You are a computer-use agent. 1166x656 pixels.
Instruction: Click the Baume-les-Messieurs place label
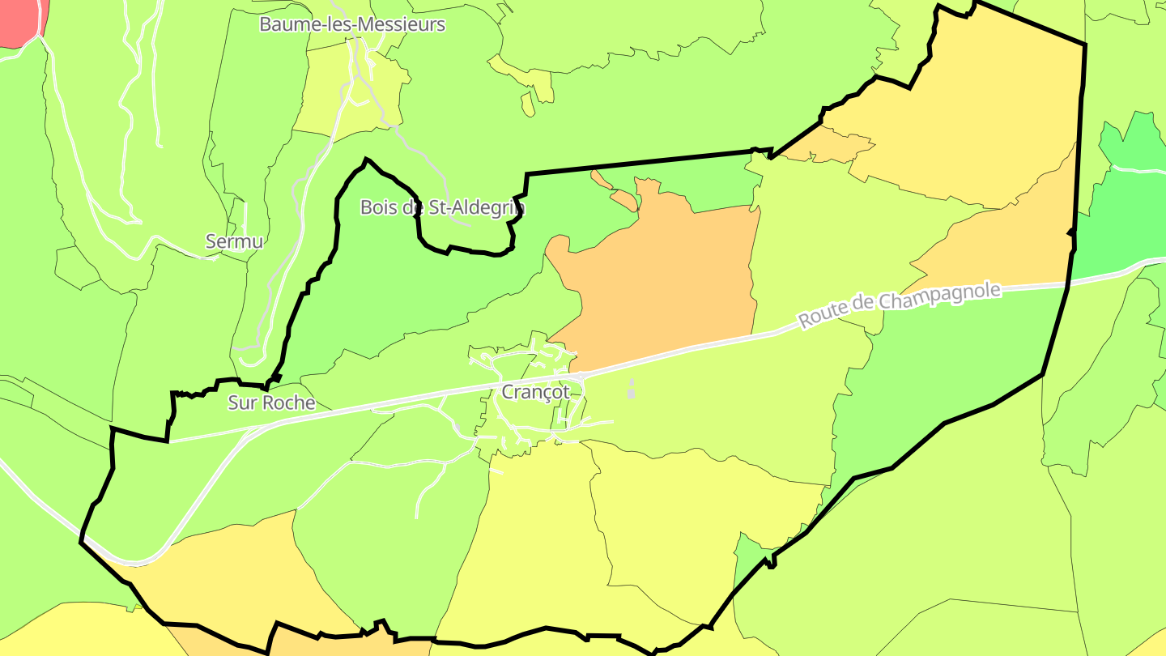(352, 24)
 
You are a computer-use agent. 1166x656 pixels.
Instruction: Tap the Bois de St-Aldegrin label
(442, 207)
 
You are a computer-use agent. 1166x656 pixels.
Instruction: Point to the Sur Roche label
(271, 403)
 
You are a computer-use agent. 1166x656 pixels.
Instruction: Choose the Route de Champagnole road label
(900, 305)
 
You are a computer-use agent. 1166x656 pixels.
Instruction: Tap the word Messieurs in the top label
(400, 24)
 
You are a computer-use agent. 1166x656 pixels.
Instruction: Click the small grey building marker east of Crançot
(632, 390)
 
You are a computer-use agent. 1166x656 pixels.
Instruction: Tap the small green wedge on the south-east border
(749, 559)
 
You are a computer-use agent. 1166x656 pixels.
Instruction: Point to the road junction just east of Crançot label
(581, 377)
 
